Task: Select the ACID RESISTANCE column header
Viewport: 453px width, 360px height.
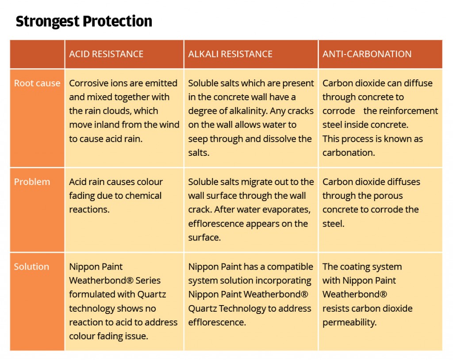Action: (106, 54)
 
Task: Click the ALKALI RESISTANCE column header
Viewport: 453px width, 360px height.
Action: (230, 54)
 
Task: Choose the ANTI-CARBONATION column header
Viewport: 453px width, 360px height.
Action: (367, 54)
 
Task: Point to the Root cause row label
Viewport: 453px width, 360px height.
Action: (37, 83)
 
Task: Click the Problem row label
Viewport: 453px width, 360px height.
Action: (32, 182)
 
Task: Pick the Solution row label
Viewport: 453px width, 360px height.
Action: (31, 267)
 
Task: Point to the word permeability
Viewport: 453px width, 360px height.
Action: (349, 322)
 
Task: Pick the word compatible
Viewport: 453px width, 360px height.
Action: (290, 267)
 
